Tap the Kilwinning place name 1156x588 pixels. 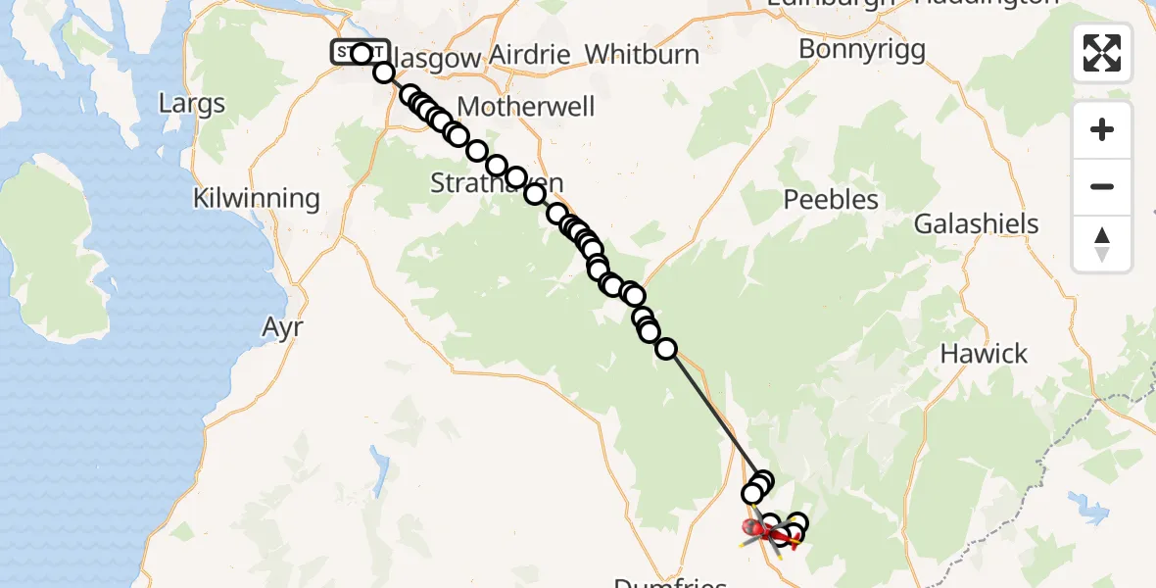click(x=257, y=198)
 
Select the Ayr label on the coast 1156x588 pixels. click(x=283, y=326)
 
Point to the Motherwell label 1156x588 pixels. click(x=526, y=106)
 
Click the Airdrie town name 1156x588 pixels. click(x=529, y=54)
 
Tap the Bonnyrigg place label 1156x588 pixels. click(x=862, y=49)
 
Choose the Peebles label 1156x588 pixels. click(x=832, y=200)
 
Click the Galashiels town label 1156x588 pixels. click(x=976, y=223)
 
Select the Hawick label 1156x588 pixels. click(x=985, y=353)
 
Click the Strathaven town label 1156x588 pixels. click(x=497, y=182)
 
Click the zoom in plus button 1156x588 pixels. click(x=1102, y=129)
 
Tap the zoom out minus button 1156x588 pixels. click(x=1102, y=186)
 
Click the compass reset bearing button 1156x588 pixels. click(x=1102, y=243)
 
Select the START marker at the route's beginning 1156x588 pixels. click(x=361, y=52)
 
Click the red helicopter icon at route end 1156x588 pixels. click(x=758, y=530)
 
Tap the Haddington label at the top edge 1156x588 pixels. click(x=985, y=4)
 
